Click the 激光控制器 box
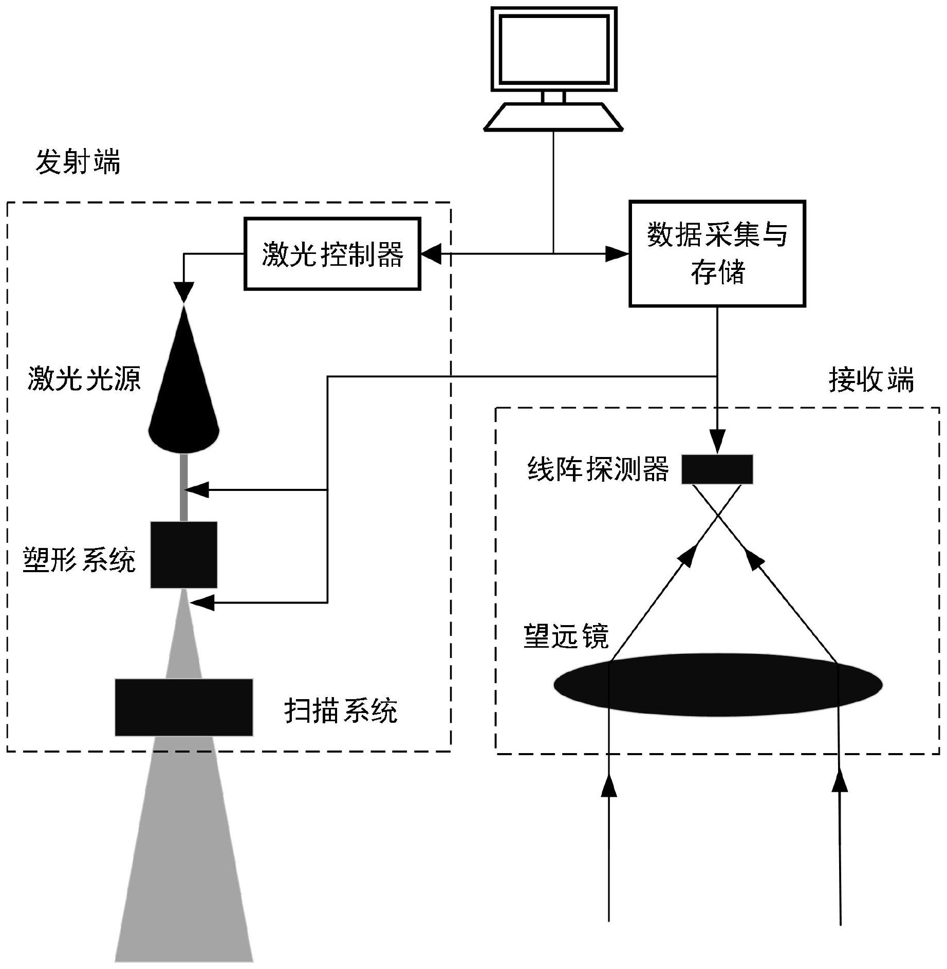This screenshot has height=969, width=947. pyautogui.click(x=332, y=254)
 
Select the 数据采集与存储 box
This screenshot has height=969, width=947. pyautogui.click(x=717, y=253)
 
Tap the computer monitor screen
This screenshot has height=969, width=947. pyautogui.click(x=554, y=49)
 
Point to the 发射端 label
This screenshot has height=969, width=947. pyautogui.click(x=78, y=162)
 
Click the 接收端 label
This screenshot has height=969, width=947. pyautogui.click(x=871, y=381)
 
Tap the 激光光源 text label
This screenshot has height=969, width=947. pyautogui.click(x=84, y=379)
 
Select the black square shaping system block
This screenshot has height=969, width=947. pyautogui.click(x=184, y=555)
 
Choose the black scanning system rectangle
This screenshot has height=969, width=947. pyautogui.click(x=184, y=707)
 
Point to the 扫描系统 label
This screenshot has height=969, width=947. pyautogui.click(x=341, y=711)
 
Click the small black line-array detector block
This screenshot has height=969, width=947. pyautogui.click(x=717, y=469)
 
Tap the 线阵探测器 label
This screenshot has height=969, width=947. pyautogui.click(x=598, y=469)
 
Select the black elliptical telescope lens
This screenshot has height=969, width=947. pyautogui.click(x=718, y=685)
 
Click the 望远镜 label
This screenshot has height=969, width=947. pyautogui.click(x=566, y=636)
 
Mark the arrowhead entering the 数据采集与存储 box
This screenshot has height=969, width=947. pyautogui.click(x=618, y=253)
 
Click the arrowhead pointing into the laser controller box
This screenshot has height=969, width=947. pyautogui.click(x=432, y=253)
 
